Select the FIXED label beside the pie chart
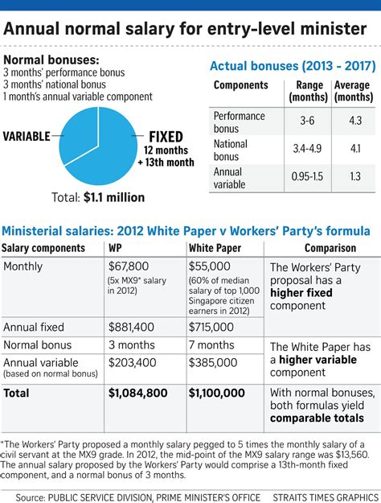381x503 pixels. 166,137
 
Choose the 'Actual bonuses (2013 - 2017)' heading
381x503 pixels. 285,66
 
